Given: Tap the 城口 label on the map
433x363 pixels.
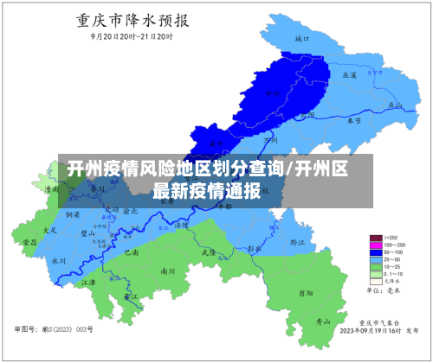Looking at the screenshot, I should (301, 40).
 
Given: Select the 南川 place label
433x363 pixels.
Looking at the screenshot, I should (168, 271).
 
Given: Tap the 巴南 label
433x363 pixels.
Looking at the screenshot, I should (132, 252).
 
